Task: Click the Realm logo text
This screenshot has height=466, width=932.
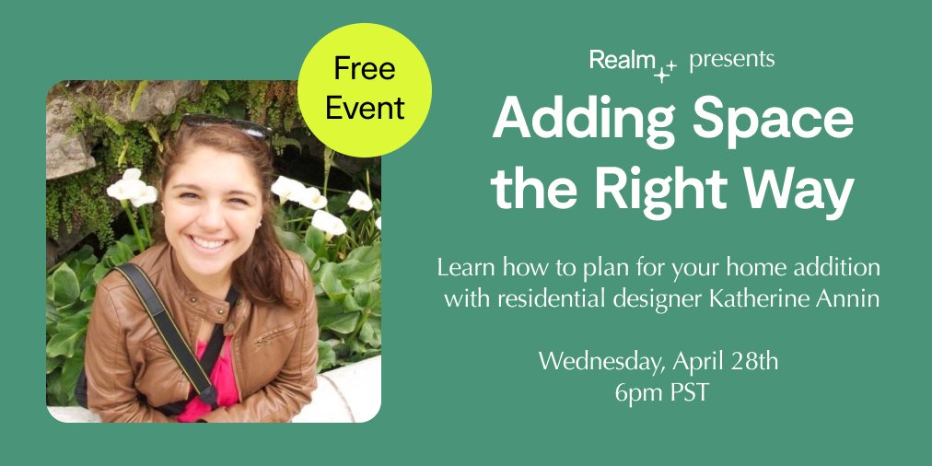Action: (x=620, y=62)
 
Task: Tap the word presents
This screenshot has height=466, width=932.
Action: (x=731, y=61)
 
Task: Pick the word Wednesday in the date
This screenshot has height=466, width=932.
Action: (x=595, y=360)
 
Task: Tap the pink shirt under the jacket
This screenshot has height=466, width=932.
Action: (x=206, y=378)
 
